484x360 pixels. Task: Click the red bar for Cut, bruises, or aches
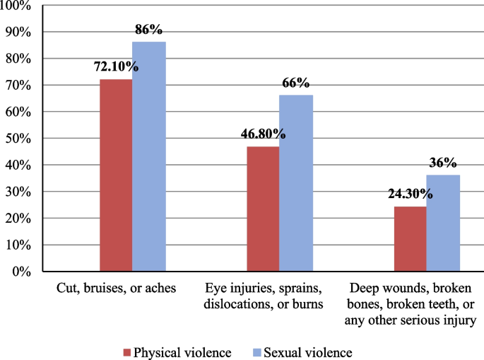tap(116, 175)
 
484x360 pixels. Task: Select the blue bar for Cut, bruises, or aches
tap(148, 157)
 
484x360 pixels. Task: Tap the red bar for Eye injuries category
tap(263, 209)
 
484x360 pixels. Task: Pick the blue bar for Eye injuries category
tap(295, 183)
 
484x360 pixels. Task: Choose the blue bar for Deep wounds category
tap(443, 223)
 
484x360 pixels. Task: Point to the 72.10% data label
tap(116, 67)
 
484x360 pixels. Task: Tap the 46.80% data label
tap(262, 134)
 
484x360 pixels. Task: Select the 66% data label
tap(295, 83)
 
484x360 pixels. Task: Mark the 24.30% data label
tap(410, 194)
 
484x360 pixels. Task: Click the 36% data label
tap(443, 163)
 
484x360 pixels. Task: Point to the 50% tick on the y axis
tap(17, 139)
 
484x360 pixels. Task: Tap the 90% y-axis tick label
tap(17, 33)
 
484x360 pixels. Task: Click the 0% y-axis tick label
tap(20, 272)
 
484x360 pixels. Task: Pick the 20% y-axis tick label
tap(17, 219)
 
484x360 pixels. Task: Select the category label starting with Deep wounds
tap(410, 305)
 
